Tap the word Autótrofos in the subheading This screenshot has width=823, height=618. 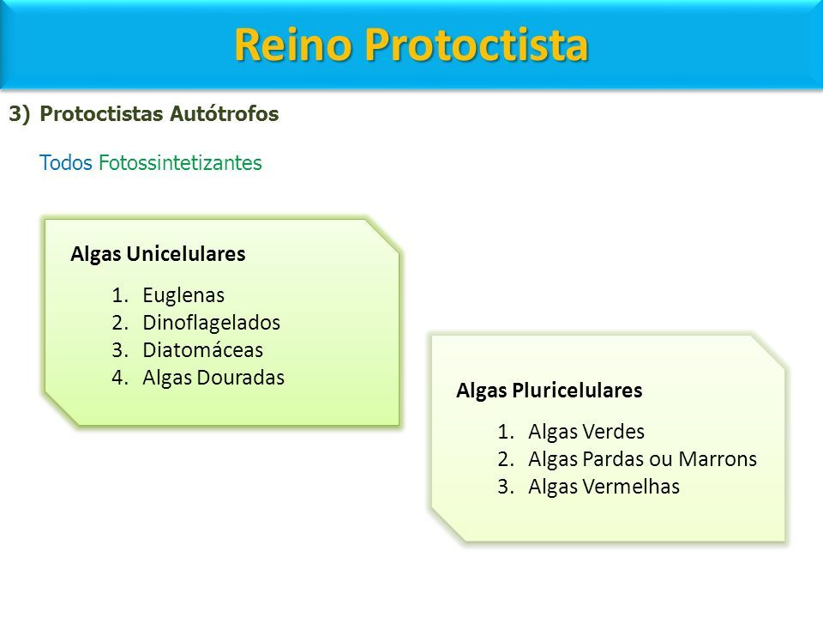224,114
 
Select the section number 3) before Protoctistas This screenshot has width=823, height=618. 20,114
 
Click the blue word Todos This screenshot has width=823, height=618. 66,163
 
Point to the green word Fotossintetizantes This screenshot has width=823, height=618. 181,163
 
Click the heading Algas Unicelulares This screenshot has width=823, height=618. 158,254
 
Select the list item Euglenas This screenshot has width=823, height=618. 183,295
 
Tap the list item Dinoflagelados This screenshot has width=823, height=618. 212,323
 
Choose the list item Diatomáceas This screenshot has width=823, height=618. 202,350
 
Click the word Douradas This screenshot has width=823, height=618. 241,378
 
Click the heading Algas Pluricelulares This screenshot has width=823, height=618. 550,391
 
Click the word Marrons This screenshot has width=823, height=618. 718,459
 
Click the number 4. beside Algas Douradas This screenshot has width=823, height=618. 120,378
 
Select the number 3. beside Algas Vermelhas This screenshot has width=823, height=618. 506,487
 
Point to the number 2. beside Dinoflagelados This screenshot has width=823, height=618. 120,323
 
